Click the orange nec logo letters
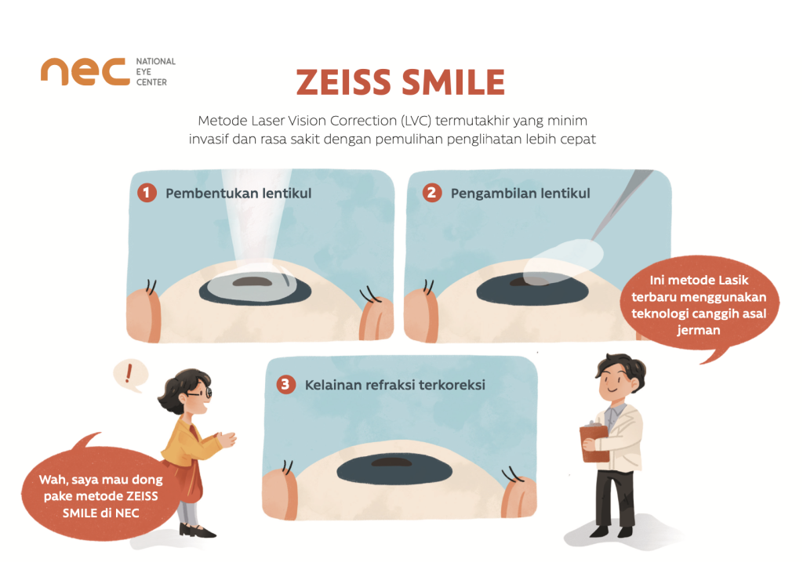tap(85, 71)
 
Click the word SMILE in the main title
tap(454, 82)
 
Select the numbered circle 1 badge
tap(147, 192)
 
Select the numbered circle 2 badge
tap(431, 192)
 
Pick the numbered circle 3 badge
tap(287, 385)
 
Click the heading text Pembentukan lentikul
tap(238, 193)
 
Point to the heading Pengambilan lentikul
tap(520, 193)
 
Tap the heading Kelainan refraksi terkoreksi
tap(393, 385)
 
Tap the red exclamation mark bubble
tap(128, 374)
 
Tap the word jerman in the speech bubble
tap(696, 331)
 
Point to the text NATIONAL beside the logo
tap(155, 61)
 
